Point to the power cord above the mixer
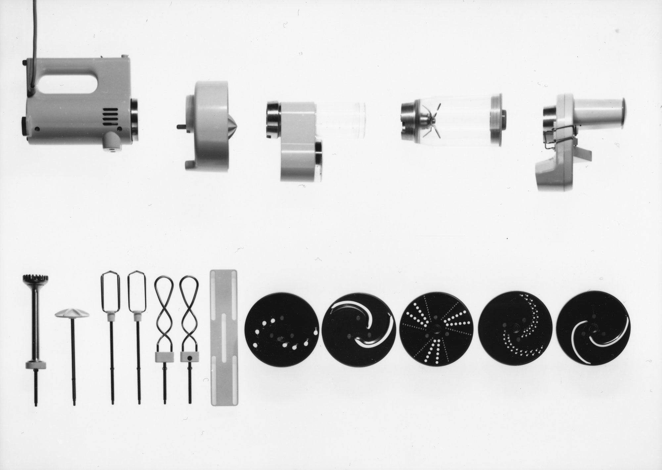(34, 30)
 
